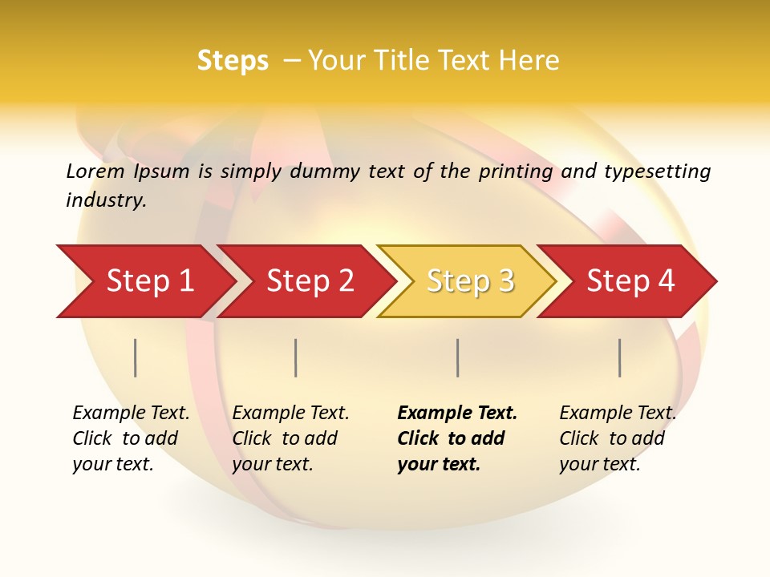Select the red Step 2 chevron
[x=309, y=281]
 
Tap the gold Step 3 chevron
[x=469, y=281]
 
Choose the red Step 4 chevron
[x=630, y=281]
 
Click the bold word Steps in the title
[x=233, y=61]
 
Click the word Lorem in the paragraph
[x=95, y=171]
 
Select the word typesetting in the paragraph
[x=657, y=171]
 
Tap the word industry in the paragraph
[x=106, y=200]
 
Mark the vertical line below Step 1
[x=136, y=357]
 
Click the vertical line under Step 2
[x=296, y=357]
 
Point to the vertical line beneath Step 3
[x=458, y=357]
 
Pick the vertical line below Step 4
[x=620, y=357]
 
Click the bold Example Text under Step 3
[x=457, y=414]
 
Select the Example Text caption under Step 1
[x=131, y=414]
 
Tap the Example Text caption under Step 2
[x=290, y=414]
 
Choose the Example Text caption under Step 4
[x=618, y=414]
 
